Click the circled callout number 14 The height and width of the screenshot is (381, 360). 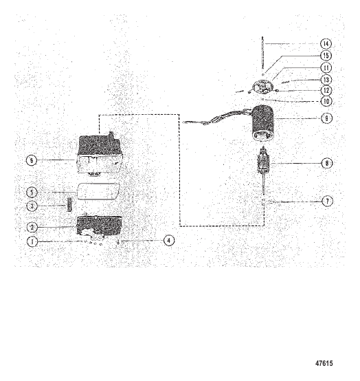(x=326, y=44)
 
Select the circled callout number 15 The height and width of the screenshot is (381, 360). (x=326, y=56)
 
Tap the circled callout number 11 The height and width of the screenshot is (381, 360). (x=326, y=67)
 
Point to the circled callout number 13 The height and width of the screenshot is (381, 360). (x=326, y=80)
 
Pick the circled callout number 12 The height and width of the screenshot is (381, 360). (x=326, y=90)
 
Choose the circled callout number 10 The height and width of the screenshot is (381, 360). (x=326, y=101)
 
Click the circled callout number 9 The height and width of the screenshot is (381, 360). (x=326, y=118)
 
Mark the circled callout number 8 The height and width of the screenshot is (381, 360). (x=327, y=163)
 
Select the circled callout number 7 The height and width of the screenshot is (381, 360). (x=327, y=202)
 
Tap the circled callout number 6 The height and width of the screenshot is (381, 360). (x=32, y=160)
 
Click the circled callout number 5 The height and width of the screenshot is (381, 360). (x=32, y=193)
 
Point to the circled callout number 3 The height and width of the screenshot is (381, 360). (x=32, y=206)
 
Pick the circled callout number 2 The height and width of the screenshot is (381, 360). (x=32, y=228)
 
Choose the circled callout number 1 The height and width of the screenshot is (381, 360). (x=32, y=242)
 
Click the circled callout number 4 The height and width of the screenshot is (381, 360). (x=169, y=241)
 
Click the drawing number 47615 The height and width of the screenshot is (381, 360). (x=324, y=364)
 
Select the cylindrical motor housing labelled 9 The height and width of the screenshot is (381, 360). (x=263, y=123)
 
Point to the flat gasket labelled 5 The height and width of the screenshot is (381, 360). (x=98, y=191)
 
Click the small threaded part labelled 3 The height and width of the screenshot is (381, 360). (x=69, y=204)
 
